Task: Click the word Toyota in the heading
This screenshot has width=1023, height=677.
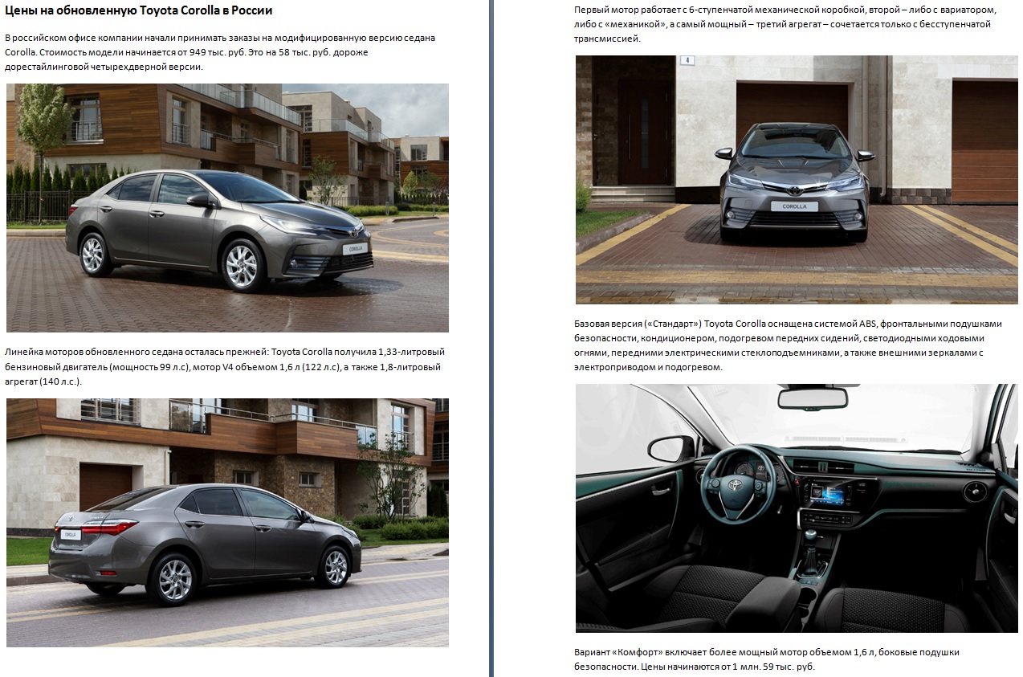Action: click(x=158, y=10)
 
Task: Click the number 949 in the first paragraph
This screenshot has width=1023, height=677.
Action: click(x=198, y=52)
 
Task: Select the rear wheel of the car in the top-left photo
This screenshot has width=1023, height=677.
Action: click(x=94, y=255)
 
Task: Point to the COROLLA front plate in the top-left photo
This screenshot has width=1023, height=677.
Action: click(x=355, y=249)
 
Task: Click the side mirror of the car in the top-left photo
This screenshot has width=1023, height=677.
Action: click(x=200, y=200)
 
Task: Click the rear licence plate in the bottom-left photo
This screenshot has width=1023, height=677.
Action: click(x=71, y=535)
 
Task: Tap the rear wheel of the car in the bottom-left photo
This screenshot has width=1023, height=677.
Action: click(x=175, y=579)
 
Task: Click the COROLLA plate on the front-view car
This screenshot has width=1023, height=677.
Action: click(x=794, y=206)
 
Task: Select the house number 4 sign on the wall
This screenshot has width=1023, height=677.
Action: click(x=687, y=60)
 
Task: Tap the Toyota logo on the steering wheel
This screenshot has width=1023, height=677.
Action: click(x=736, y=484)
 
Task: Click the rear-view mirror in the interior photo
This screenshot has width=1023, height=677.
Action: click(x=813, y=398)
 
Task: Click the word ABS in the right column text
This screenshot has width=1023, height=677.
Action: click(x=868, y=324)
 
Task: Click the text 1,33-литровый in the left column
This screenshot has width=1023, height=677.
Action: click(x=411, y=352)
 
